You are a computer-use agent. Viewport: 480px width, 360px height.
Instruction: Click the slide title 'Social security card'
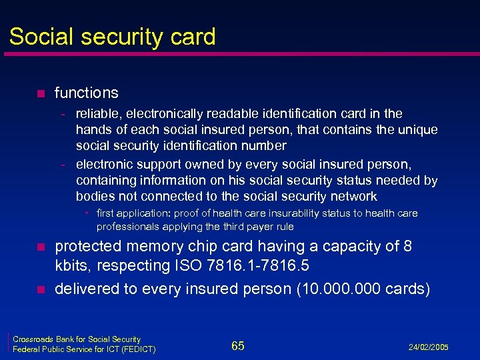pyautogui.click(x=113, y=36)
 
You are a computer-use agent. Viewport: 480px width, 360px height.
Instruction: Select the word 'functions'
pyautogui.click(x=87, y=93)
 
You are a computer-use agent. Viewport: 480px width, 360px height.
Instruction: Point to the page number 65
pyautogui.click(x=238, y=345)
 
